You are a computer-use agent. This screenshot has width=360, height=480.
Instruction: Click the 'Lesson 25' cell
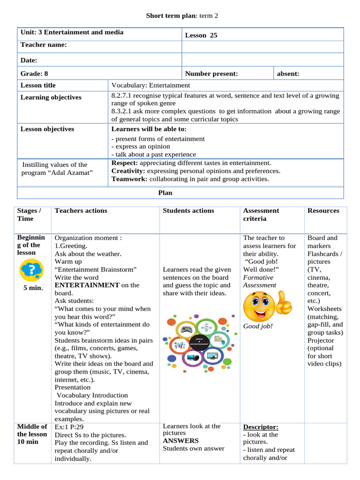pos(201,35)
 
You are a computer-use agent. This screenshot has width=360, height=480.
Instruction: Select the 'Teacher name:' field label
pos(44,45)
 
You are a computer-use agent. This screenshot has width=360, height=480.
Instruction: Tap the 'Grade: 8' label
pos(34,74)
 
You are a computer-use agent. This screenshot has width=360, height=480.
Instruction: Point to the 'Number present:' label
pos(211,74)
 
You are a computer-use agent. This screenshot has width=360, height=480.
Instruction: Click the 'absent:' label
pos(288,74)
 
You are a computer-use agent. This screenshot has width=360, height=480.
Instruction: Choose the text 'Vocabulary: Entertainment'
pos(150,85)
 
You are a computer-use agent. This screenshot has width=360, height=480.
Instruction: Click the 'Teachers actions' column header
pos(81,211)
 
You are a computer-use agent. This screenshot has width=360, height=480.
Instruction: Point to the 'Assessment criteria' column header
pos(261,215)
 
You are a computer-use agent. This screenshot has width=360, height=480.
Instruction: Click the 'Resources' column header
pos(323,211)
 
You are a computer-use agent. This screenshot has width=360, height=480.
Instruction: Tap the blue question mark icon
pos(31,271)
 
